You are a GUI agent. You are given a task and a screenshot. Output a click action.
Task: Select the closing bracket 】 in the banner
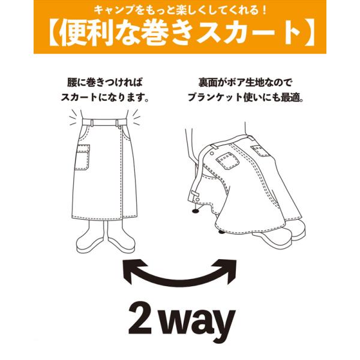pyautogui.click(x=309, y=34)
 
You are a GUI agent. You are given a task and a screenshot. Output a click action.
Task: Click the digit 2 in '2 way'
pyautogui.click(x=140, y=319)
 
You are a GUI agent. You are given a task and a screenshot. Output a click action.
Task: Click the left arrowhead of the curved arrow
pyautogui.click(x=133, y=271)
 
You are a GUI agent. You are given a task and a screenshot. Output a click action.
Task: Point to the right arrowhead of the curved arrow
pyautogui.click(x=226, y=271)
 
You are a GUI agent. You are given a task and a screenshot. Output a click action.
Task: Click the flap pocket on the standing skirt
pyautogui.click(x=82, y=157)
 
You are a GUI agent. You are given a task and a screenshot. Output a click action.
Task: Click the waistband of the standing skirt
pyautogui.click(x=104, y=122)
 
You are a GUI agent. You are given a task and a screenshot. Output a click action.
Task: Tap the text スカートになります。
pyautogui.click(x=105, y=97)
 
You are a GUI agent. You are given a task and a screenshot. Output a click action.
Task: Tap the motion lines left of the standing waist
pyautogui.click(x=74, y=117)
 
